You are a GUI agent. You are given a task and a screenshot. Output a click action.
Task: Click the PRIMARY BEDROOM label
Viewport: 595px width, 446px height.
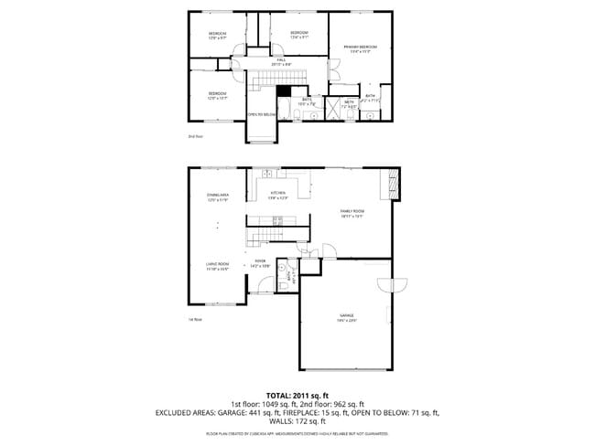(361, 46)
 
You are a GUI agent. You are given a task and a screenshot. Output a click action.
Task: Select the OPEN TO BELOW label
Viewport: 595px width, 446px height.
(263, 114)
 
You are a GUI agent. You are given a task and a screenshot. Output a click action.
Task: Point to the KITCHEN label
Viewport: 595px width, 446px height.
(277, 192)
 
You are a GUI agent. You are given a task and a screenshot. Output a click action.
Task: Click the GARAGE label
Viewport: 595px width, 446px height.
(345, 315)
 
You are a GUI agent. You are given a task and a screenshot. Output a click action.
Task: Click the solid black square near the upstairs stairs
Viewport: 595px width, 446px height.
(283, 90)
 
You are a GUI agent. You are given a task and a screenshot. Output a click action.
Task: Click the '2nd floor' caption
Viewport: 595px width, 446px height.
(195, 136)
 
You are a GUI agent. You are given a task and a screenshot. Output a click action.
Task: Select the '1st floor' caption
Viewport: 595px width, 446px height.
(195, 320)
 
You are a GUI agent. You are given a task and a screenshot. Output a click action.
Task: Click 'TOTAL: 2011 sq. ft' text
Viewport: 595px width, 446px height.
(297, 394)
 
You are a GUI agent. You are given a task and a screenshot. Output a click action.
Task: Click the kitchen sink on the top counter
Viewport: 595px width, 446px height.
(266, 173)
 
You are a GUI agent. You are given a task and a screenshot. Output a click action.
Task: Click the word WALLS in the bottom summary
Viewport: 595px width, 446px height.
(272, 421)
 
